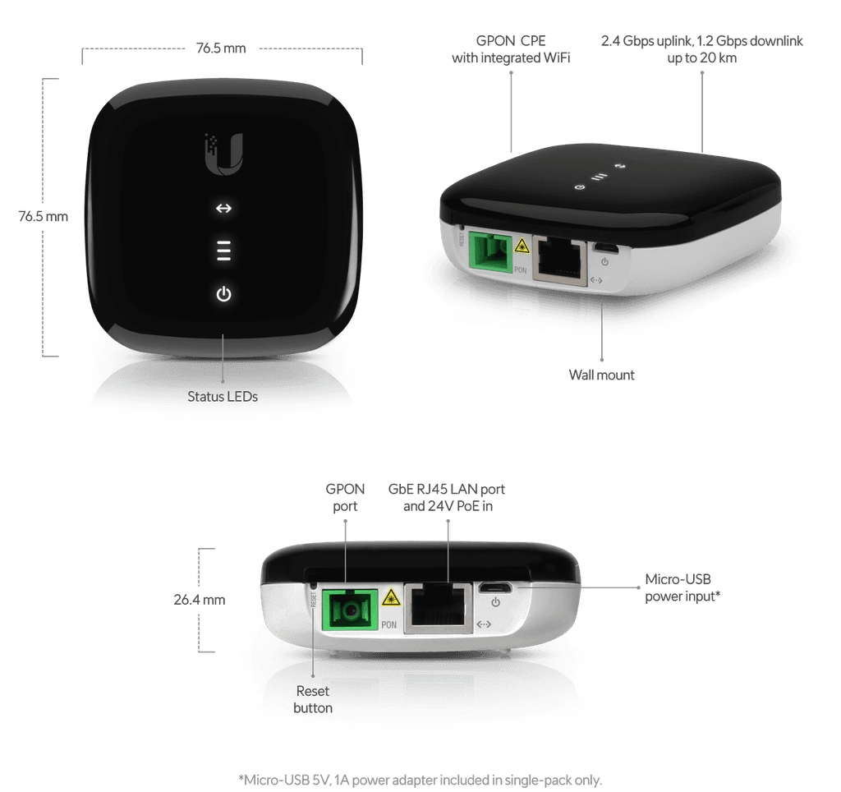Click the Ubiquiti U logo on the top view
pyautogui.click(x=224, y=154)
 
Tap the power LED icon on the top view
pyautogui.click(x=223, y=294)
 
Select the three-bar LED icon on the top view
pyautogui.click(x=223, y=251)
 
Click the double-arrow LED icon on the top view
pyautogui.click(x=223, y=208)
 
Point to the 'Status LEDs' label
pyautogui.click(x=223, y=397)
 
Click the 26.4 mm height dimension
pyautogui.click(x=200, y=600)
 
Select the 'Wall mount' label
pyautogui.click(x=601, y=375)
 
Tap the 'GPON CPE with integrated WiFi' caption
pyautogui.click(x=511, y=49)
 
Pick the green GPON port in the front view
pyautogui.click(x=350, y=610)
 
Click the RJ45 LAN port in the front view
pyautogui.click(x=439, y=608)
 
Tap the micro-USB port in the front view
pyautogui.click(x=495, y=588)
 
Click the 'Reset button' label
pyautogui.click(x=313, y=699)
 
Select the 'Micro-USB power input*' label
pyautogui.click(x=682, y=587)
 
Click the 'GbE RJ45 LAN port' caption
pyautogui.click(x=446, y=490)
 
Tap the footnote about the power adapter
pyautogui.click(x=420, y=780)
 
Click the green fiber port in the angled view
pyautogui.click(x=489, y=251)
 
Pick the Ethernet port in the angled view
pyautogui.click(x=559, y=260)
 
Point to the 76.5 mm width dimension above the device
pyautogui.click(x=221, y=48)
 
